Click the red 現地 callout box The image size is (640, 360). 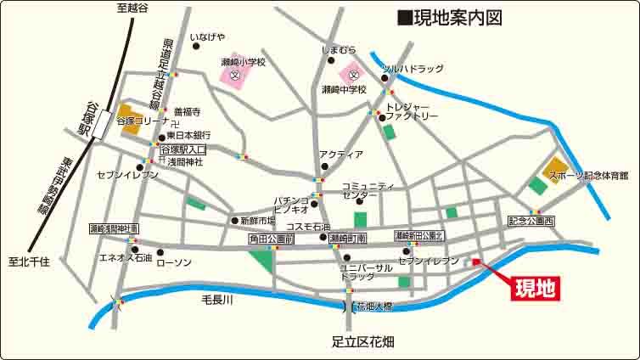click(x=535, y=289)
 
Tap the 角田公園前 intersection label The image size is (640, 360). click(x=271, y=240)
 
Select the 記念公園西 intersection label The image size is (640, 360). click(x=531, y=221)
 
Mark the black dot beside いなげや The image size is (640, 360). click(x=197, y=47)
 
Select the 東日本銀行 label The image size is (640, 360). click(x=188, y=135)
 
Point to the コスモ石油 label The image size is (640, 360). click(x=306, y=226)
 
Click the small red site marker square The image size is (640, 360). click(x=476, y=262)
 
